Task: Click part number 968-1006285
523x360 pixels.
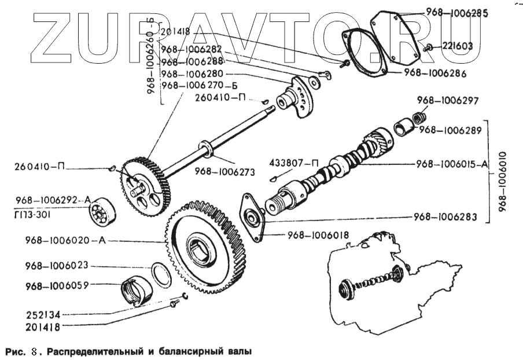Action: [x=457, y=11]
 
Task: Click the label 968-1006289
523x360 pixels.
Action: [x=450, y=130]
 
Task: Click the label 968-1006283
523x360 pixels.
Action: [x=445, y=217]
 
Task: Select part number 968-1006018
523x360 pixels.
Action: [x=315, y=236]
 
